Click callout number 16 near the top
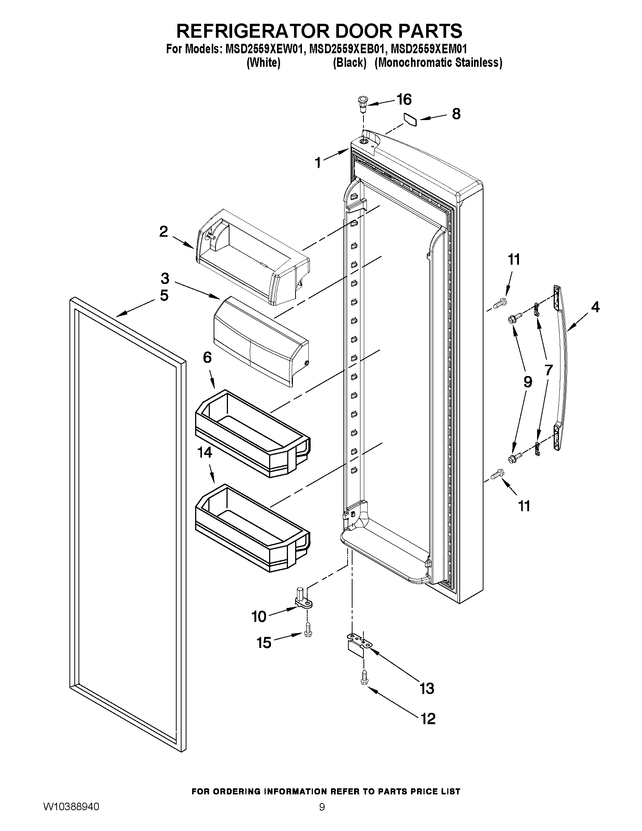click(x=404, y=100)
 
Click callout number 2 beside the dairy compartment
click(x=163, y=231)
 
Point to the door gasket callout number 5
click(x=164, y=295)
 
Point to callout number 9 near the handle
click(x=528, y=382)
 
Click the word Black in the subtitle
click(x=349, y=63)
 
